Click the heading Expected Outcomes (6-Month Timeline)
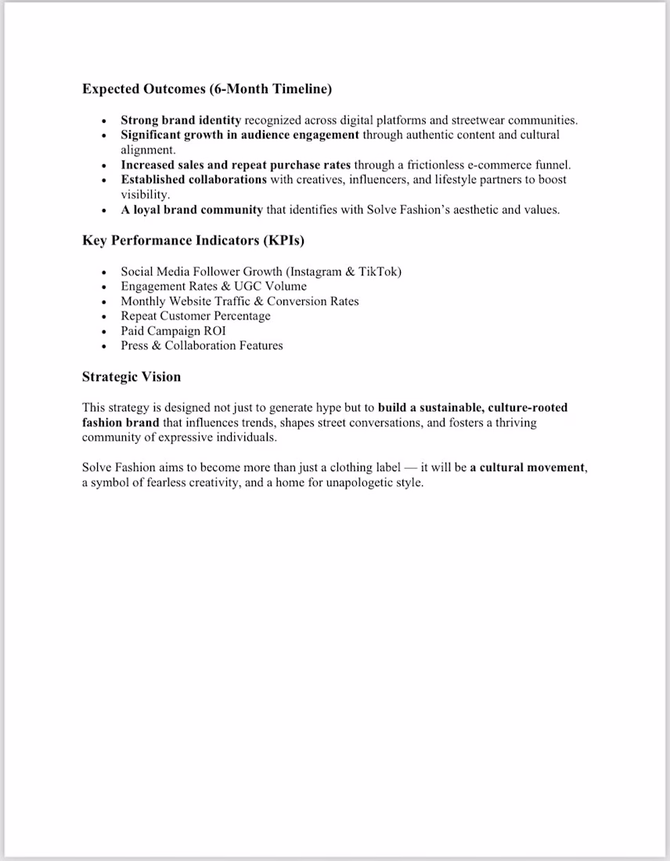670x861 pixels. tap(207, 88)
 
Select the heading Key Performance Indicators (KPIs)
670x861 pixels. tap(193, 240)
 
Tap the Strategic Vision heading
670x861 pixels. tap(131, 376)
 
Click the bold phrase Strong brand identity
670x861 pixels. tap(181, 121)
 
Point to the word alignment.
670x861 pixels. tap(148, 150)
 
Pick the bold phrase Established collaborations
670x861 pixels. tap(193, 180)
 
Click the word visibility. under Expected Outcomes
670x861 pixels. tap(145, 195)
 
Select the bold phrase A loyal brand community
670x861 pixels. tap(192, 210)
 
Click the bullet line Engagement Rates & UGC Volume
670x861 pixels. tap(214, 286)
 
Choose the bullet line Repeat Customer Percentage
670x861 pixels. tap(196, 316)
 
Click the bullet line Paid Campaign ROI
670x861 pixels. tap(173, 331)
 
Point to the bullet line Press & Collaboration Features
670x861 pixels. tap(202, 346)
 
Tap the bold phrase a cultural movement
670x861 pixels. tap(527, 467)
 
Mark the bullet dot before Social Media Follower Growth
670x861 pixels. tap(104, 272)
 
